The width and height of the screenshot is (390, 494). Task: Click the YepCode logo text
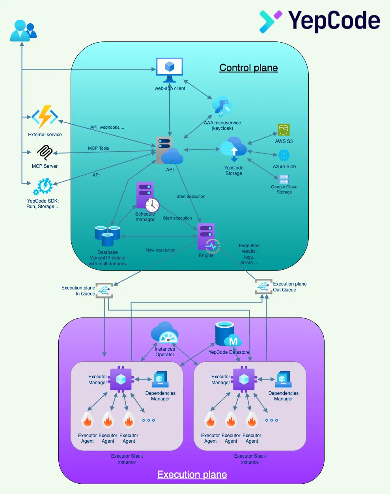click(x=334, y=21)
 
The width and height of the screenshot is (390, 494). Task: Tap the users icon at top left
click(x=23, y=31)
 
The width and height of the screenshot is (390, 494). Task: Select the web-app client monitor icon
click(x=170, y=69)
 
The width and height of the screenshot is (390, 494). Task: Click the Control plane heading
click(x=248, y=68)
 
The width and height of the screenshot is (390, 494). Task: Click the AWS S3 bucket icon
click(x=284, y=130)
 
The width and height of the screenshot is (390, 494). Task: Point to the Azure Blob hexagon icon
click(x=284, y=155)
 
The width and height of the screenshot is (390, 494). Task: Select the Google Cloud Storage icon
click(x=284, y=179)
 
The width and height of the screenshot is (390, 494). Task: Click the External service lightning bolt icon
click(x=45, y=116)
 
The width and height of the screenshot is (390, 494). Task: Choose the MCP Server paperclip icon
click(x=45, y=153)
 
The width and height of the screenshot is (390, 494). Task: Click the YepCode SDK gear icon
click(x=43, y=186)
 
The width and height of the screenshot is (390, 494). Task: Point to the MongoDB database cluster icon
click(x=107, y=236)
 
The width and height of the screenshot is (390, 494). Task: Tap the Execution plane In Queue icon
click(x=104, y=291)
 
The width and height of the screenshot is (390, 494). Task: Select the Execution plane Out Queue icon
click(x=263, y=287)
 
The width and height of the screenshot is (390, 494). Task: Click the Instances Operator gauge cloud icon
click(x=164, y=333)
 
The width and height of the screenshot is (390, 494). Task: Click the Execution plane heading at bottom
click(x=192, y=474)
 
